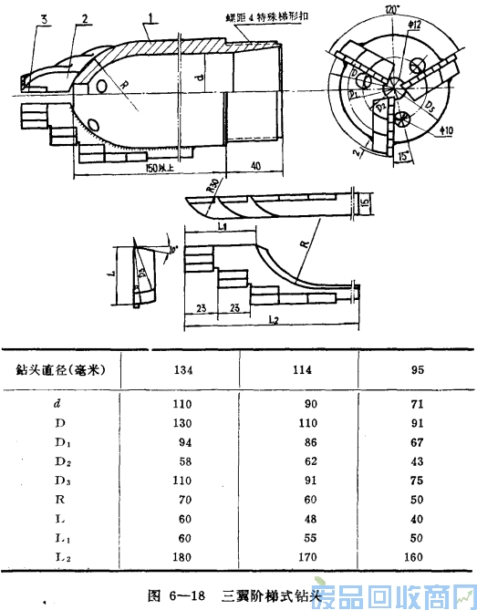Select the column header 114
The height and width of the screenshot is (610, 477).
(302, 369)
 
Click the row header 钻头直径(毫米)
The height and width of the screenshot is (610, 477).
(57, 370)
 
